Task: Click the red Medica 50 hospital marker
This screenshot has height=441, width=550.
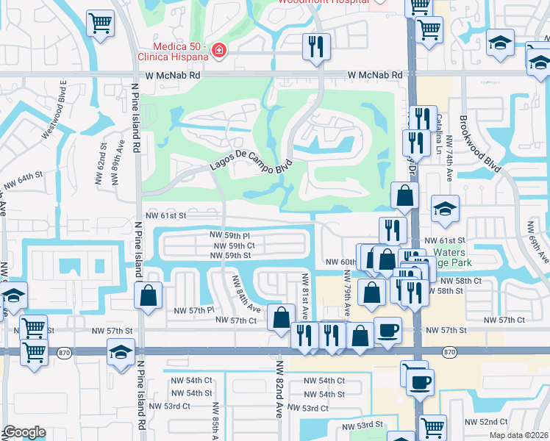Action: [x=218, y=51]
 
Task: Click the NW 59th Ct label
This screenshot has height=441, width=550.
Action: [x=235, y=245]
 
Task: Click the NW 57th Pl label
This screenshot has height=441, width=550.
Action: [x=193, y=310]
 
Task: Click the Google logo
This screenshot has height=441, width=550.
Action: [x=25, y=432]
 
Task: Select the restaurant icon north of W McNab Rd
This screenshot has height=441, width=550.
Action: [x=318, y=47]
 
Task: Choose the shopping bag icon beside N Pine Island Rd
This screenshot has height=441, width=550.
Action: [x=149, y=296]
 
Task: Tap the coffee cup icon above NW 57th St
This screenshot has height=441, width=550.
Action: [x=387, y=330]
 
